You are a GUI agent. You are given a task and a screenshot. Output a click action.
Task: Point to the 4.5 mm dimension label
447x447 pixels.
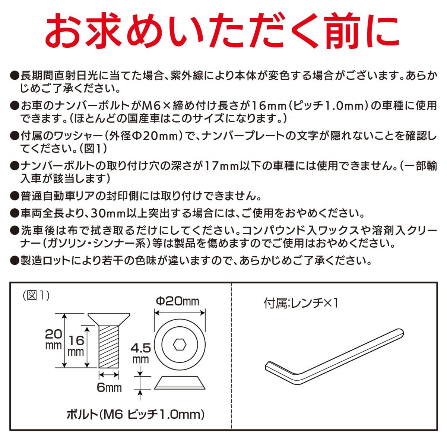click(x=140, y=353)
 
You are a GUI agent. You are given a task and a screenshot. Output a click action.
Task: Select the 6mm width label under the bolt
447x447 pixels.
click(x=109, y=387)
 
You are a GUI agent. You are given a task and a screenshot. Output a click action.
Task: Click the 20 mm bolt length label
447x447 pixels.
click(x=53, y=339)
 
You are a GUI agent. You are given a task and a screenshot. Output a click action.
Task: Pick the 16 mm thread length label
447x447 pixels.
click(x=76, y=345)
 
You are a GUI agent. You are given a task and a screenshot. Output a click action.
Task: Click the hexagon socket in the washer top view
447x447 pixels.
click(x=180, y=345)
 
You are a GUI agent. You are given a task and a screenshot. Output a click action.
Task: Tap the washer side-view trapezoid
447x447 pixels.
click(x=180, y=383)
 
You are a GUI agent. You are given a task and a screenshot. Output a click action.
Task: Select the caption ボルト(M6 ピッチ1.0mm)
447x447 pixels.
click(x=135, y=414)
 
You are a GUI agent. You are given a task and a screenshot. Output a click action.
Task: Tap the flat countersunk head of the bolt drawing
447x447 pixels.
click(x=109, y=318)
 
